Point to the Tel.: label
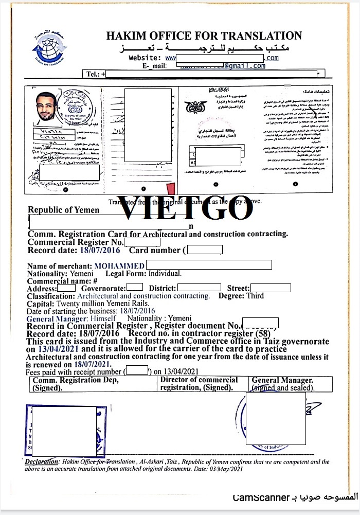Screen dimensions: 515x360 click(x=93, y=74)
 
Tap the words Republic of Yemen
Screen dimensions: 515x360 click(x=63, y=210)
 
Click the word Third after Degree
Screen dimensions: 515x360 click(x=255, y=296)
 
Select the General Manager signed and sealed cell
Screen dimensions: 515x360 click(x=282, y=384)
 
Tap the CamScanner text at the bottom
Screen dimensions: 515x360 click(x=254, y=498)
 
